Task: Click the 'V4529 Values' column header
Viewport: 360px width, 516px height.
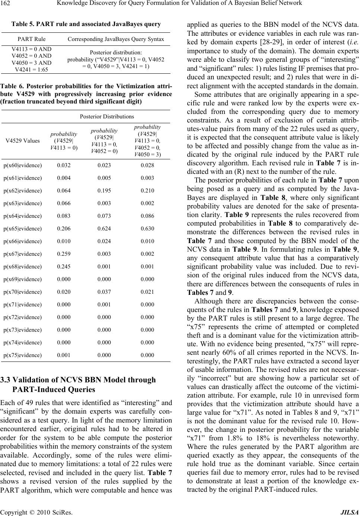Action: (22, 140)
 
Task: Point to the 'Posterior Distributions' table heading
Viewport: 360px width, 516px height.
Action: (107, 117)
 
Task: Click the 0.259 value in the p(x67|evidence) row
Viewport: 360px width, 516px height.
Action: (64, 254)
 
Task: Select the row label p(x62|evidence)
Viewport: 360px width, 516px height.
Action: (22, 191)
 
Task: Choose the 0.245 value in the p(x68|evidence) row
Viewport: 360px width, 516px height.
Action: (64, 267)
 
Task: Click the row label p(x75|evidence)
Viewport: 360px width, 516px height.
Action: (22, 355)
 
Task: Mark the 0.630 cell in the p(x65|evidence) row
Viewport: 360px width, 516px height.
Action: (147, 229)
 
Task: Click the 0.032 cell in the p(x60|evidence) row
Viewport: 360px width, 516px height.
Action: (64, 165)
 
